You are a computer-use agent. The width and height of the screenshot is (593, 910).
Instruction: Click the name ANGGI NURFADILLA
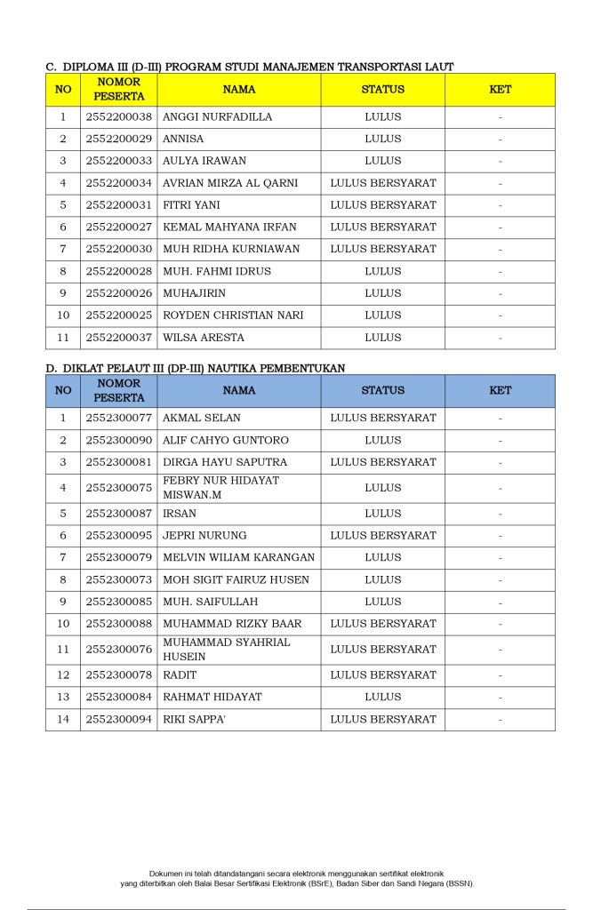[x=217, y=117]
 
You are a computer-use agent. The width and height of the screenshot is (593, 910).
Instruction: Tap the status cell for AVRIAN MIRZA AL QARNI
[x=382, y=183]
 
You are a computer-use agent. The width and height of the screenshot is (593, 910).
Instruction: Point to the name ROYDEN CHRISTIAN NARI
[x=233, y=315]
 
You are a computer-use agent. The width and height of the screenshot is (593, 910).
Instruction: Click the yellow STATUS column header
[x=382, y=90]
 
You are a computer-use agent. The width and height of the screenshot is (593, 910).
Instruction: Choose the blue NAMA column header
[x=238, y=391]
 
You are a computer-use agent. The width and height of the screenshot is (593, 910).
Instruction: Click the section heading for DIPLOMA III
[x=250, y=67]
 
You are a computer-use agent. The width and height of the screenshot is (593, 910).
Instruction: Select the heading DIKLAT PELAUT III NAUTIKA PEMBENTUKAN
[x=196, y=367]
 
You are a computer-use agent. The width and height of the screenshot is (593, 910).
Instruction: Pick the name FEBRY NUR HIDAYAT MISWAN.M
[x=220, y=487]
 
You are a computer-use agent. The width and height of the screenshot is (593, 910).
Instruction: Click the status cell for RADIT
[x=382, y=675]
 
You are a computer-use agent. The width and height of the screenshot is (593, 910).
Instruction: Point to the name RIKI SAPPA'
[x=194, y=720]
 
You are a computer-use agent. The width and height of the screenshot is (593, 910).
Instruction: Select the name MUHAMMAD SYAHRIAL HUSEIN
[x=226, y=650]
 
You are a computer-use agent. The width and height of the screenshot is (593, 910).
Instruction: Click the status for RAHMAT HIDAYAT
[x=382, y=698]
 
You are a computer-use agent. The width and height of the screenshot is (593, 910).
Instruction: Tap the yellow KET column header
[x=500, y=90]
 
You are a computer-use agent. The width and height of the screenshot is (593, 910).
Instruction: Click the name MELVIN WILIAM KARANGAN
[x=238, y=558]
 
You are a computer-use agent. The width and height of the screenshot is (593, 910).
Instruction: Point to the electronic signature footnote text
[x=297, y=879]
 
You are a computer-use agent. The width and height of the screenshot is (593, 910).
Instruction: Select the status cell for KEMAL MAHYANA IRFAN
[x=382, y=227]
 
